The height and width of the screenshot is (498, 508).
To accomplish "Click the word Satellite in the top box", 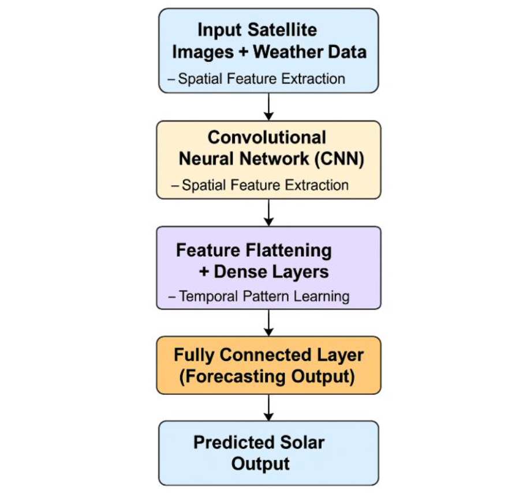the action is click(x=282, y=30).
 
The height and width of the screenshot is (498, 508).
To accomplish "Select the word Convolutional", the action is click(x=267, y=137).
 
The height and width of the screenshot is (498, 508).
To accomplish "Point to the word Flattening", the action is click(x=289, y=251).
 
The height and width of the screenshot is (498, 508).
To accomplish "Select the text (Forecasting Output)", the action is click(x=267, y=376).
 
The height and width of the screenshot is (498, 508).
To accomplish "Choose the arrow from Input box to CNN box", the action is click(x=268, y=107).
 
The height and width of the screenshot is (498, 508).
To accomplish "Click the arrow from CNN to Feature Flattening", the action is click(x=268, y=213).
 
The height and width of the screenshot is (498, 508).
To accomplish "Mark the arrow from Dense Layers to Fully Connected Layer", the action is click(x=268, y=323).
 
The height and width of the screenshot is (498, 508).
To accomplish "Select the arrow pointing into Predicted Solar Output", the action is click(x=268, y=408).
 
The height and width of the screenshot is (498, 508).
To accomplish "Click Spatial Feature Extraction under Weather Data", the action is click(x=262, y=78).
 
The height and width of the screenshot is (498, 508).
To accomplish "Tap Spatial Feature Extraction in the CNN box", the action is click(x=265, y=185).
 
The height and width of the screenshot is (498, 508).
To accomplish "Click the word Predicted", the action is click(x=234, y=442).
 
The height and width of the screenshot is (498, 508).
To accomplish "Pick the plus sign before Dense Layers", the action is click(x=204, y=271).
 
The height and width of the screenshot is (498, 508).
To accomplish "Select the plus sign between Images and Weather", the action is click(x=243, y=52).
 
